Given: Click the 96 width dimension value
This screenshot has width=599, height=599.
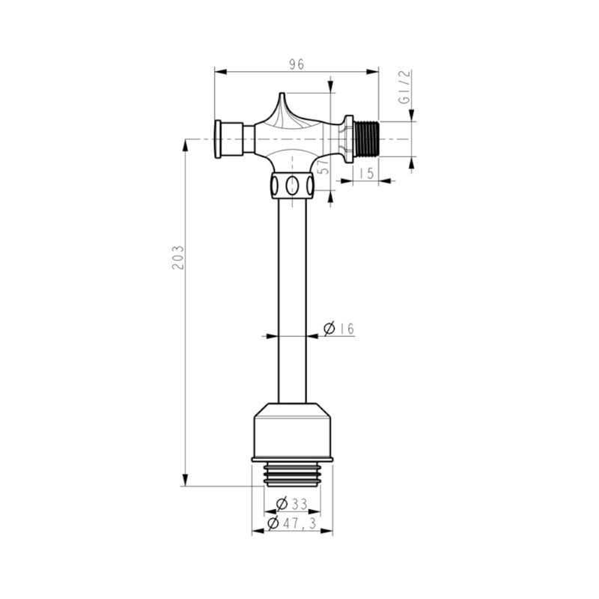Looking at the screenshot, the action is click(x=297, y=64).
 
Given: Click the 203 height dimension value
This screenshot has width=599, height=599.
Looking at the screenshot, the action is click(x=178, y=258).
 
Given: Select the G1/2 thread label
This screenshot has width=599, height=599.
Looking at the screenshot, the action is click(x=404, y=87).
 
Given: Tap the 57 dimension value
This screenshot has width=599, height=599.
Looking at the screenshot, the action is click(x=324, y=167).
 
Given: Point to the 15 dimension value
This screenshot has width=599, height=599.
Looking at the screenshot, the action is click(x=366, y=174).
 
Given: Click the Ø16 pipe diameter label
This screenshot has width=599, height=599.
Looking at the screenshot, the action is click(x=339, y=329).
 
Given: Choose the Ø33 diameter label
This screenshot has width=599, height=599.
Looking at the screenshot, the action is click(x=292, y=504).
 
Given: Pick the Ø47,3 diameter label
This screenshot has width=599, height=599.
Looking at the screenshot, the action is click(x=292, y=523).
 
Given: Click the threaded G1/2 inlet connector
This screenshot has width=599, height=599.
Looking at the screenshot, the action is click(x=366, y=139).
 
